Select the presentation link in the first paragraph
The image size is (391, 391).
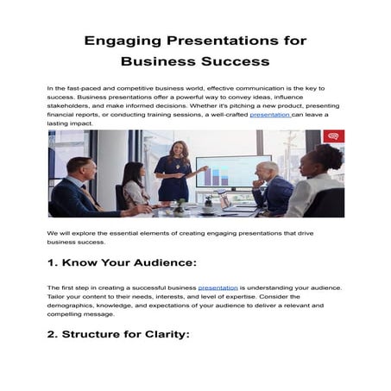pyautogui.click(x=269, y=113)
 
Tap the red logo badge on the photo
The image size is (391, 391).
pyautogui.click(x=334, y=136)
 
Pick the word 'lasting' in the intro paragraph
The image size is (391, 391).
pyautogui.click(x=60, y=123)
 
